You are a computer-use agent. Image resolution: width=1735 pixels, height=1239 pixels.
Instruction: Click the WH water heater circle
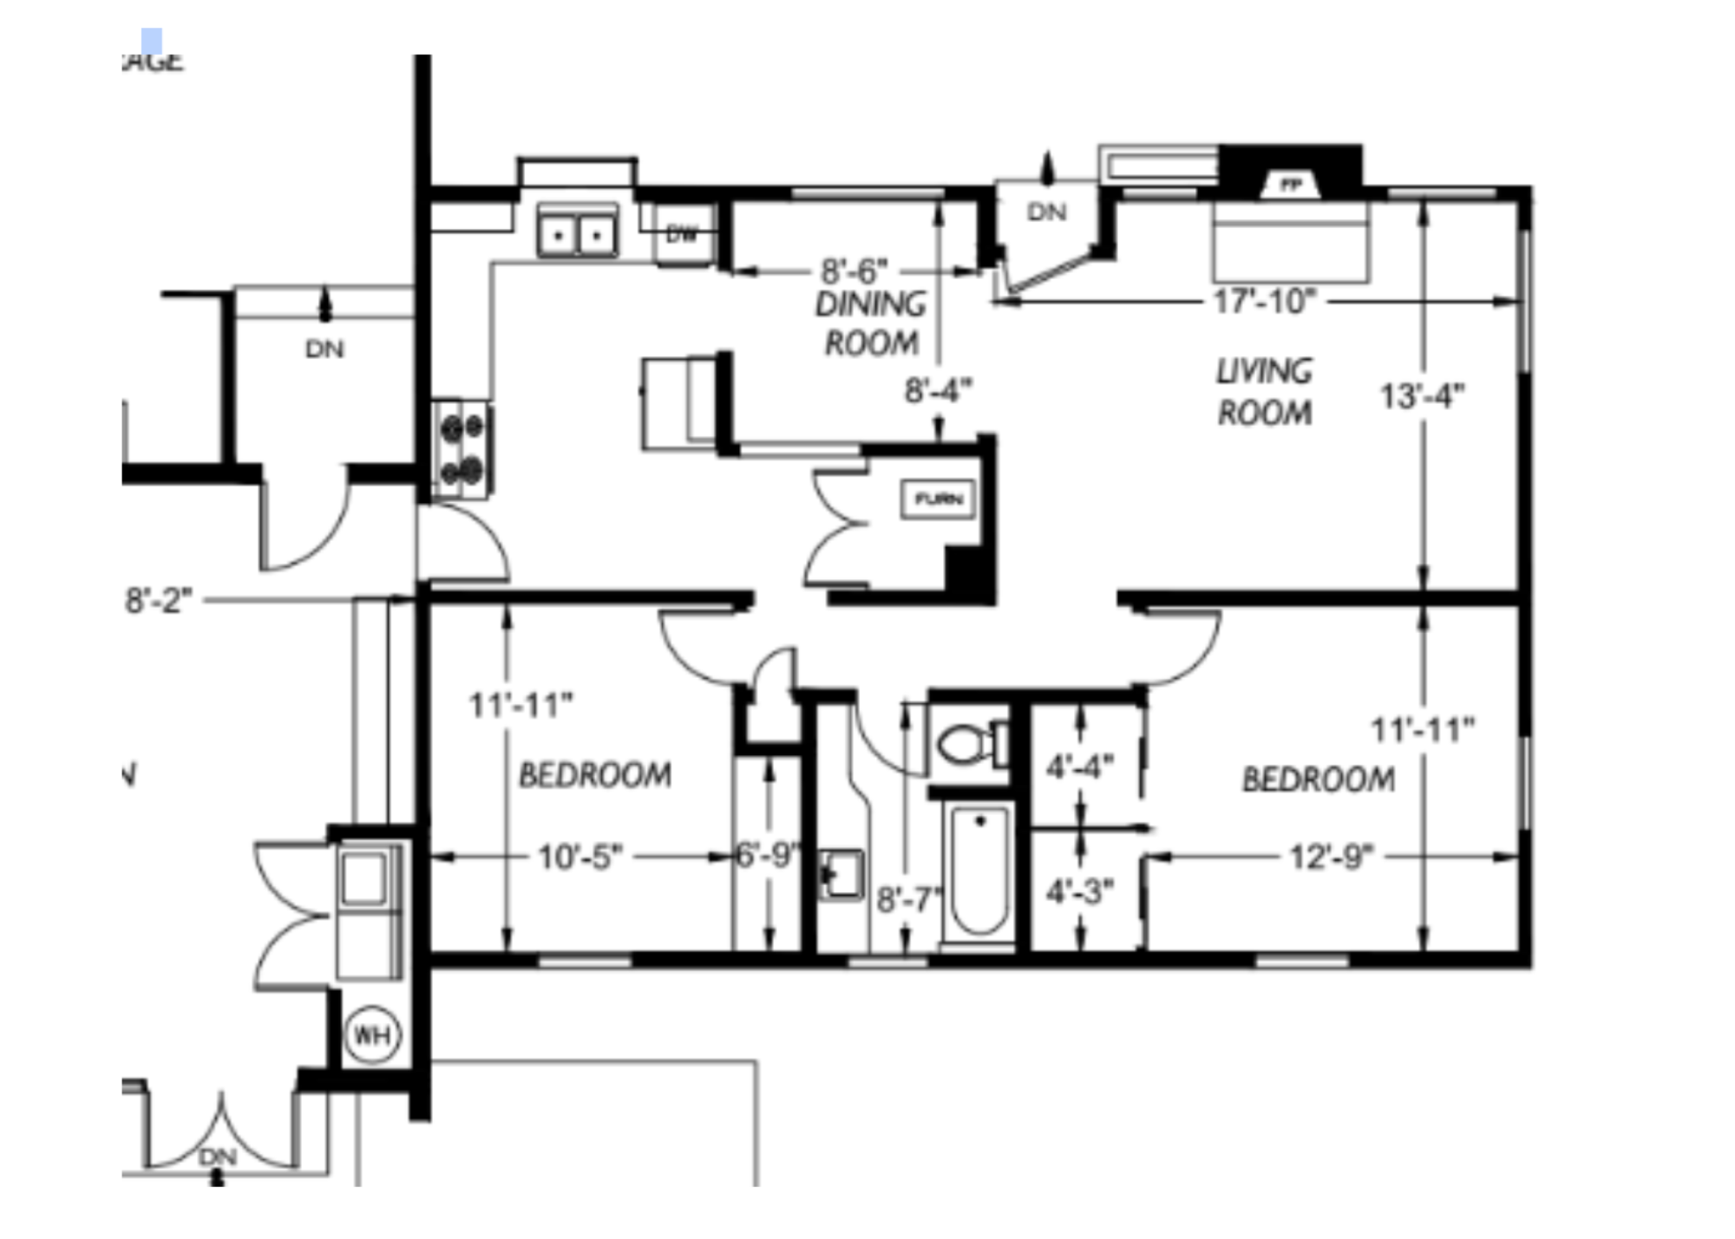click(373, 1034)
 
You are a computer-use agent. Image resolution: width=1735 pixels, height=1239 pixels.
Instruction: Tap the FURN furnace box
click(939, 499)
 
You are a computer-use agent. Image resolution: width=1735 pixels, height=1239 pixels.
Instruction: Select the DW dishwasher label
click(682, 233)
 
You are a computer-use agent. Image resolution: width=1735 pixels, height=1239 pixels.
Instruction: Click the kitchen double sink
click(577, 233)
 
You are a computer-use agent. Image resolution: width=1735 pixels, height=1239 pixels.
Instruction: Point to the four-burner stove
click(462, 449)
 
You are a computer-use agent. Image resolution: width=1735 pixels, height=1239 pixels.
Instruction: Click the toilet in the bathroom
click(973, 744)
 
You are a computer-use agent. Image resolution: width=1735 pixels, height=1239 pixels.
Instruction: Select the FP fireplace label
click(1291, 185)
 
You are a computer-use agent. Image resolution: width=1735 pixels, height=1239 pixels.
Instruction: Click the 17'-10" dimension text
click(1264, 302)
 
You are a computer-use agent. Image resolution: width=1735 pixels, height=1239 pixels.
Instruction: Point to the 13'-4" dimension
click(1422, 396)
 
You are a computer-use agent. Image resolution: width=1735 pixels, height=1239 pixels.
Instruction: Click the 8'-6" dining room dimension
click(854, 271)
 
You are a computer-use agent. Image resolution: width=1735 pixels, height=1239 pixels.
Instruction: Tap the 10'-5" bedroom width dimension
click(580, 858)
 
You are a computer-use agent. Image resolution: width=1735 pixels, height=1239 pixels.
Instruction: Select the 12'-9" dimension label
click(1331, 858)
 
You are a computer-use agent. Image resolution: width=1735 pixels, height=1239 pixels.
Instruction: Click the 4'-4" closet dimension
click(1079, 766)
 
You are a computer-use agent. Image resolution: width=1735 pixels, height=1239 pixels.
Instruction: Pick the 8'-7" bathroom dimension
click(907, 900)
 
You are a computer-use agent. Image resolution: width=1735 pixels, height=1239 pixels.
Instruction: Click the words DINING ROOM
click(871, 323)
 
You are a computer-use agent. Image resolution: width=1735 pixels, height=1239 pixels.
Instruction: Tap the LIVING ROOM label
click(1264, 392)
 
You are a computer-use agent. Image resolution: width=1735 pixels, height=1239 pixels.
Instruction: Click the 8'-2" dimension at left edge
click(158, 600)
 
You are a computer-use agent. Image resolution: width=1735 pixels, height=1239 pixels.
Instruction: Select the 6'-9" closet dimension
click(767, 856)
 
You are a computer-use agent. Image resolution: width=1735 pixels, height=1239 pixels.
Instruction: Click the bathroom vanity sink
click(841, 874)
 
